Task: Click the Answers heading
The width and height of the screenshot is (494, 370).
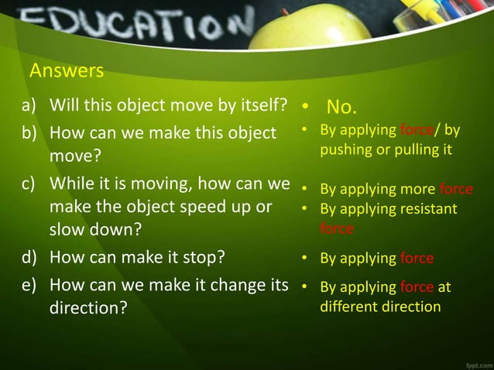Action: (x=66, y=71)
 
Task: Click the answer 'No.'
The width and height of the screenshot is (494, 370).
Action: (x=341, y=105)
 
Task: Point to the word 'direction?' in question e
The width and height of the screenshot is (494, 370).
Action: (x=89, y=307)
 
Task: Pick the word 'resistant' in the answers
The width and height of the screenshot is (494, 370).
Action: (x=427, y=209)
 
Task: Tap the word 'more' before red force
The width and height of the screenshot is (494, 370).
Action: (x=417, y=189)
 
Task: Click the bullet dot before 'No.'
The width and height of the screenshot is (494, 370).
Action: (x=307, y=106)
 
